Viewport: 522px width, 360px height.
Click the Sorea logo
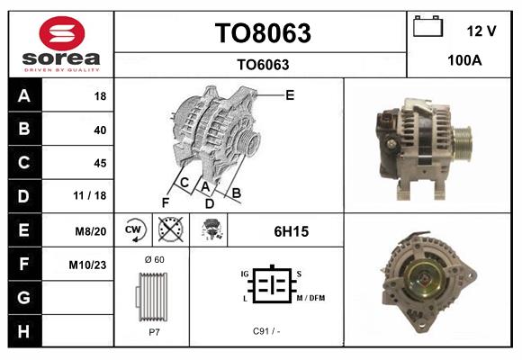(x=61, y=45)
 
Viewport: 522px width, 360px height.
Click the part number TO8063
(x=262, y=33)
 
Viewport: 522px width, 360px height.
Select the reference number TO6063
(x=262, y=64)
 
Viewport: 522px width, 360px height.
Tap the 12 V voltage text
(x=481, y=31)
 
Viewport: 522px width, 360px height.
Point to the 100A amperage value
(x=464, y=61)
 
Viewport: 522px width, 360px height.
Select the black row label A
(x=23, y=95)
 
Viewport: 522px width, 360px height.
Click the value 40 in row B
(x=99, y=130)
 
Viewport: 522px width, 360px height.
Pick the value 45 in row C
(x=99, y=163)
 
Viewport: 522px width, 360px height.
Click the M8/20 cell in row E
(x=91, y=231)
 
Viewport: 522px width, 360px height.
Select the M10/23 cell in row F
(x=89, y=265)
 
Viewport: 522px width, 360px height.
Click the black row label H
(x=23, y=331)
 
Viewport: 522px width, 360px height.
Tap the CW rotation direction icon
(x=132, y=230)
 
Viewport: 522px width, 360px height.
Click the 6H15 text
(x=291, y=231)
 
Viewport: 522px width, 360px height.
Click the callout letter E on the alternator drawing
(x=290, y=94)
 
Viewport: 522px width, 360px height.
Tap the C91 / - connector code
(x=266, y=331)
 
